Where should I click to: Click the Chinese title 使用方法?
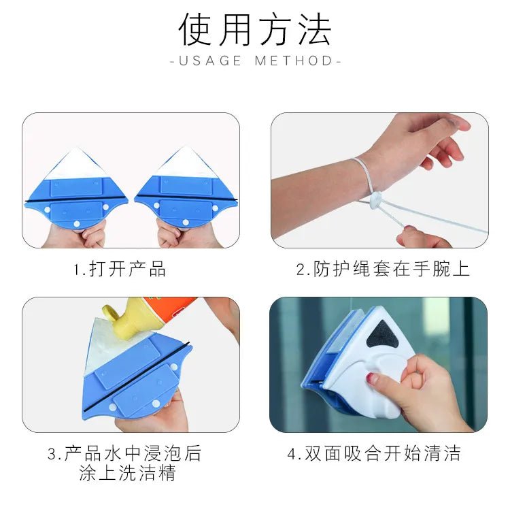point(255,29)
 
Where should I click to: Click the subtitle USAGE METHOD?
point(255,61)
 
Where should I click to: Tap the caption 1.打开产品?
point(119,269)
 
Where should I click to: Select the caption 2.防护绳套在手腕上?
point(383,269)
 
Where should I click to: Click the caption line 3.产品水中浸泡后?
point(124,453)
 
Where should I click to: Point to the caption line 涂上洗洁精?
point(128,472)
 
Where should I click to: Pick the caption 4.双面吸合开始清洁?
point(375,453)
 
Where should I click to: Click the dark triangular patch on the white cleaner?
point(382,337)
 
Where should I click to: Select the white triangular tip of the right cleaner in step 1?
point(186,163)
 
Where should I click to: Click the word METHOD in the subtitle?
point(294,61)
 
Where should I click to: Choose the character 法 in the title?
point(315,29)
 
